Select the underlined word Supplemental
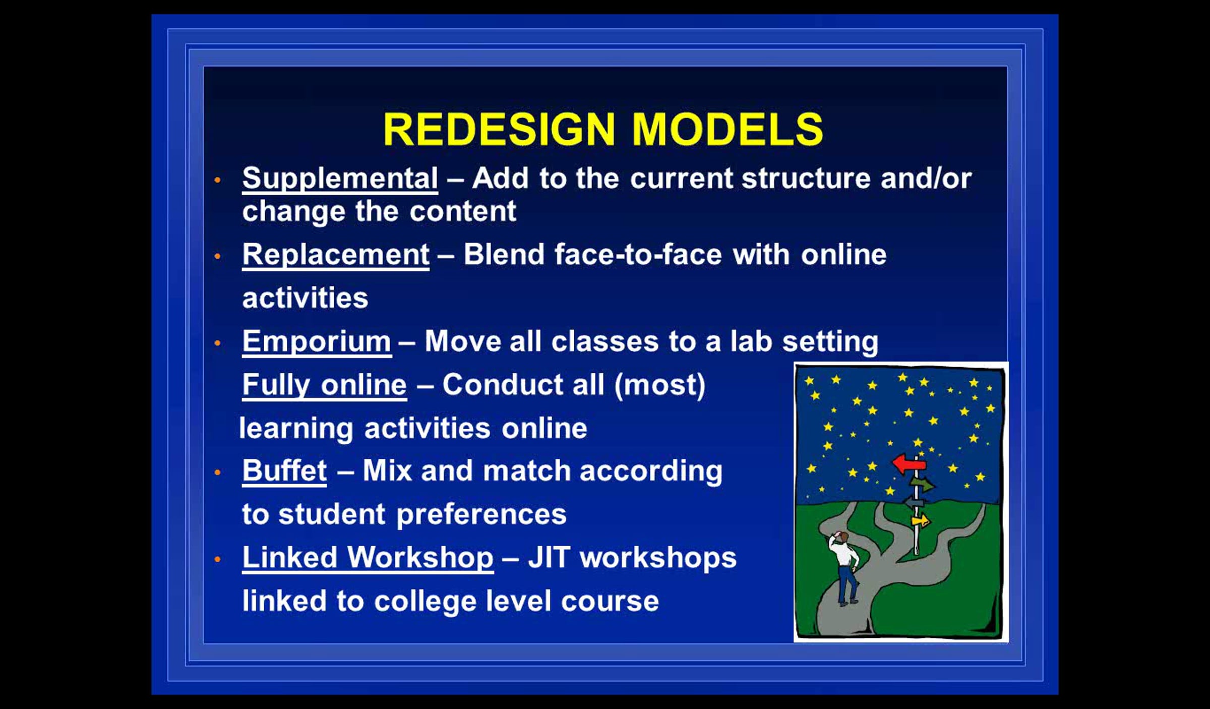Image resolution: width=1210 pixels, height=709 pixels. [x=340, y=180]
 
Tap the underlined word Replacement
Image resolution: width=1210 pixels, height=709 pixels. [x=336, y=255]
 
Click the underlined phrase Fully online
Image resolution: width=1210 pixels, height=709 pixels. [x=324, y=386]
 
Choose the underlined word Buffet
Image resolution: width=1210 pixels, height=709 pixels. [x=284, y=471]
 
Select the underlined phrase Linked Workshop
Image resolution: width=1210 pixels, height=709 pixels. [x=368, y=559]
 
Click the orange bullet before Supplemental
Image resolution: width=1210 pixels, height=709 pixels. [x=218, y=180]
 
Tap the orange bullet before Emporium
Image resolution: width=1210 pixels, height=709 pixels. [x=218, y=343]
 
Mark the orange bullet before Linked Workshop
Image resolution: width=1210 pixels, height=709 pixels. [x=218, y=559]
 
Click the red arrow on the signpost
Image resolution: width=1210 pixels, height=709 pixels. [x=909, y=463]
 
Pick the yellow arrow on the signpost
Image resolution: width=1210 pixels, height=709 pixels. [x=921, y=520]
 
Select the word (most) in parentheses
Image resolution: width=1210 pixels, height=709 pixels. [x=660, y=386]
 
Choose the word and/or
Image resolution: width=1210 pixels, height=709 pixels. [x=926, y=178]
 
